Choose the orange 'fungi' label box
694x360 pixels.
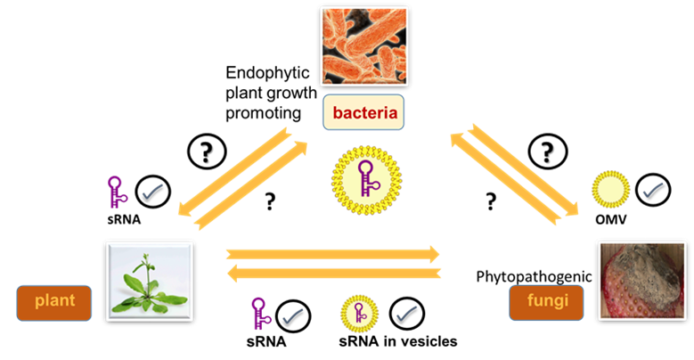pyautogui.click(x=546, y=304)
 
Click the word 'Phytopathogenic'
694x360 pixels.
pyautogui.click(x=535, y=277)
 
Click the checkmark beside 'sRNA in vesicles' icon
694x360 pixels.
pyautogui.click(x=405, y=314)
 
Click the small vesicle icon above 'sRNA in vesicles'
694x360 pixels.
pyautogui.click(x=358, y=313)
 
